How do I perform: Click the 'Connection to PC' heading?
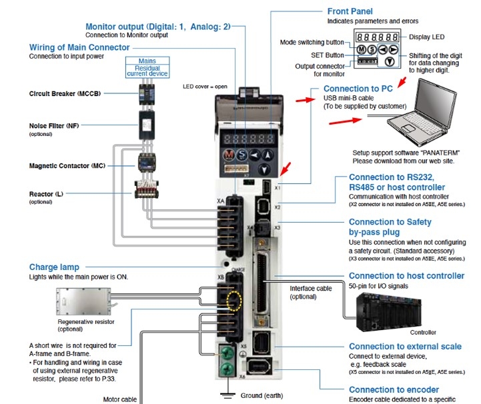(x=357, y=89)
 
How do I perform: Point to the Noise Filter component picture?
(x=145, y=123)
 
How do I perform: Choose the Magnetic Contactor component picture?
(x=145, y=162)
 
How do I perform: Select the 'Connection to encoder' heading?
(x=394, y=390)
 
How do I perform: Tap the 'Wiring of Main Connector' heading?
(x=79, y=47)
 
